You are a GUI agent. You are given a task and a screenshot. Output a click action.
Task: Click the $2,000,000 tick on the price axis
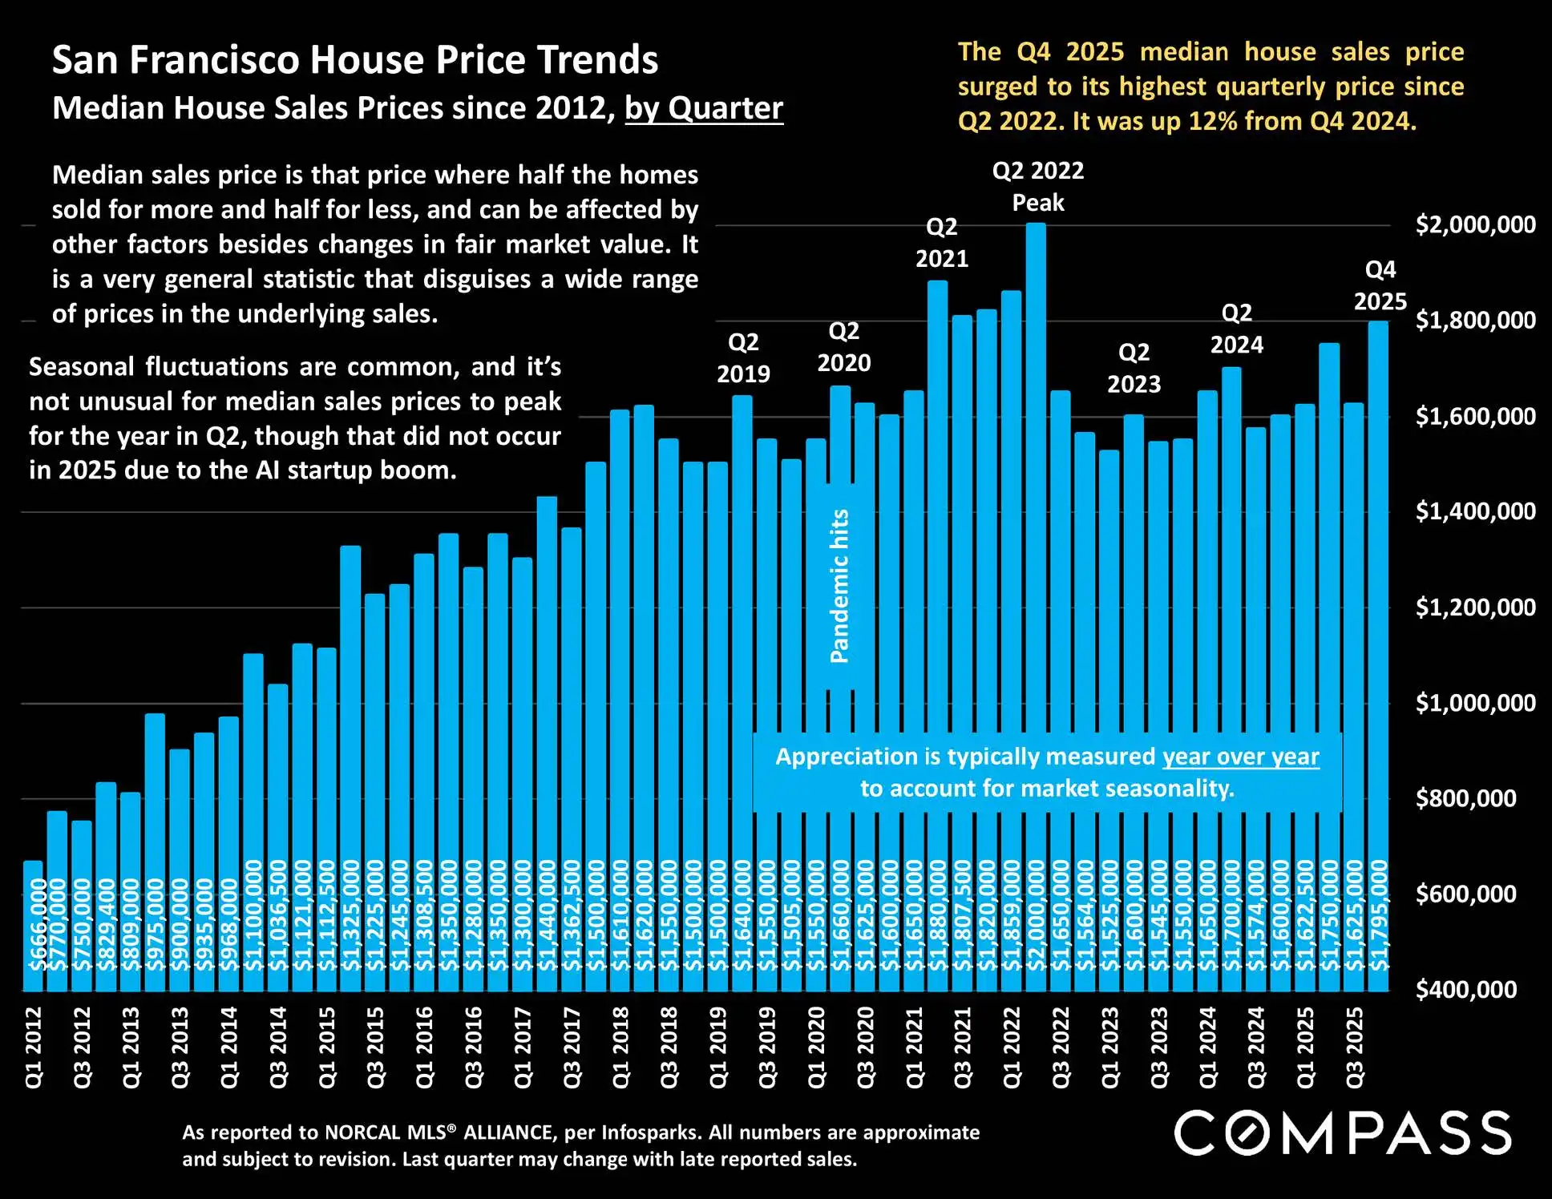[x=1475, y=224]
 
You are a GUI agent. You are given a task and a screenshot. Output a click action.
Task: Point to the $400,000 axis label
[x=1465, y=990]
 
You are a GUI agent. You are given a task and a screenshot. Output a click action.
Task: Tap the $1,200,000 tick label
[x=1475, y=608]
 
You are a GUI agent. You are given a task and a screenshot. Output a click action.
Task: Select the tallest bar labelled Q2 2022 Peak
[x=1036, y=561]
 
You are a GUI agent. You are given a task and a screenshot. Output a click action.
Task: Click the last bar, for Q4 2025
[x=1378, y=641]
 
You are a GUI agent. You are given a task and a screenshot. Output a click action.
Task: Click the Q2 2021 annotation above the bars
[x=942, y=243]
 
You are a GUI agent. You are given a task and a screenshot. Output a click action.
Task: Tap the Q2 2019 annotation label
[x=743, y=358]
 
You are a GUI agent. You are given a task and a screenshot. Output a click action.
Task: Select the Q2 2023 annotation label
[x=1134, y=368]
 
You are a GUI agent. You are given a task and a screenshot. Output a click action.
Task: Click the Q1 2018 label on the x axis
[x=620, y=1048]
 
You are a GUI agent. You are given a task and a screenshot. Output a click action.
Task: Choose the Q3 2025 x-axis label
[x=1355, y=1048]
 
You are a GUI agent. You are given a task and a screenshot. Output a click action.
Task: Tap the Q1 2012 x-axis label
[x=34, y=1048]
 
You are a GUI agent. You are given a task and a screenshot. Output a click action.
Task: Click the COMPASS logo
[x=1343, y=1133]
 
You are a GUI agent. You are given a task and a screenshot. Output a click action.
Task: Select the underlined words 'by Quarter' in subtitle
[x=704, y=108]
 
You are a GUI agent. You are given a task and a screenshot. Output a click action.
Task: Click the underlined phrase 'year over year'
[x=1240, y=757]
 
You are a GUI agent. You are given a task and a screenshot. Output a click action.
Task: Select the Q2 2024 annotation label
[x=1236, y=329]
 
